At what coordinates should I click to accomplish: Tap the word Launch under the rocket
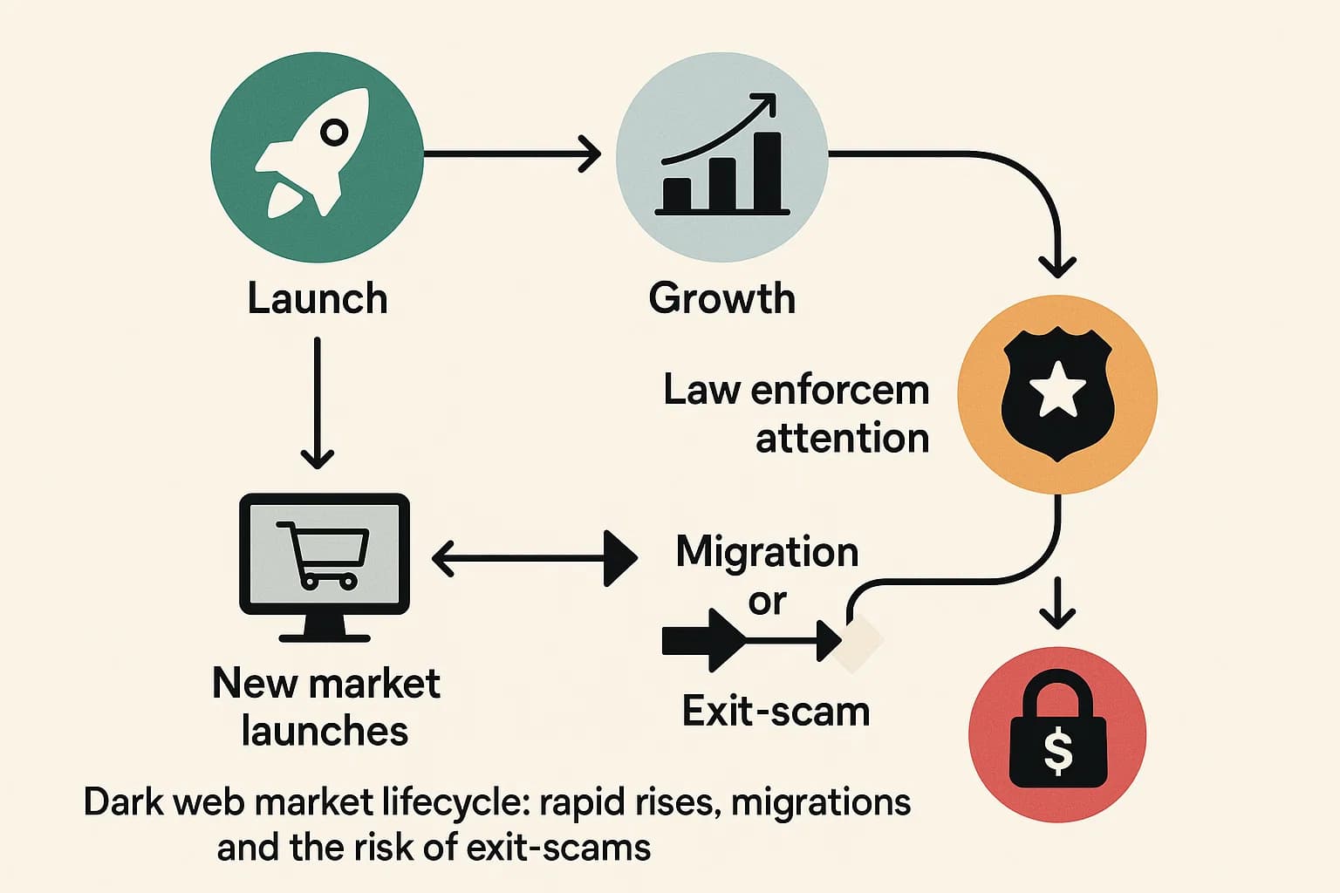(x=317, y=298)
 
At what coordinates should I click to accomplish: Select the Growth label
(x=721, y=298)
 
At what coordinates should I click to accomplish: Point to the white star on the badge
(x=1057, y=392)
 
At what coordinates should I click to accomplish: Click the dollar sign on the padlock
(x=1057, y=752)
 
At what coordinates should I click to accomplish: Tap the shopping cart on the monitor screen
(x=323, y=554)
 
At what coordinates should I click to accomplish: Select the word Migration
(x=767, y=552)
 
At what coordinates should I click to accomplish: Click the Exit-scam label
(x=776, y=712)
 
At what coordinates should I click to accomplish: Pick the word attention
(x=842, y=438)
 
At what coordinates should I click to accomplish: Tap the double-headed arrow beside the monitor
(x=534, y=558)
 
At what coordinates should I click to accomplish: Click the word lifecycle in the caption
(x=455, y=802)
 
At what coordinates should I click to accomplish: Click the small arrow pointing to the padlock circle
(x=1057, y=603)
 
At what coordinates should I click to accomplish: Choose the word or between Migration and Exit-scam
(x=767, y=602)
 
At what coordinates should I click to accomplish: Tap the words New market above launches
(x=325, y=684)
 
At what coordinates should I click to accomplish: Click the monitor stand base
(x=324, y=636)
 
